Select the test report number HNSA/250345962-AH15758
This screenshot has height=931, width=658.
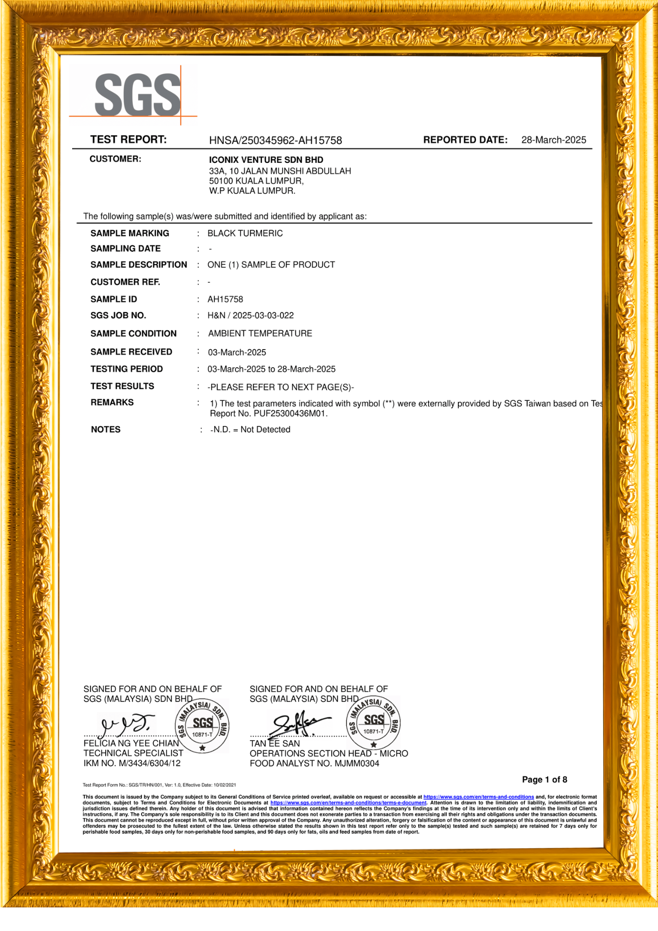pyautogui.click(x=275, y=140)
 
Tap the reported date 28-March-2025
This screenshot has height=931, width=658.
pyautogui.click(x=553, y=140)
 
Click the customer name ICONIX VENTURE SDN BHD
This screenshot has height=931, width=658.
pyautogui.click(x=266, y=160)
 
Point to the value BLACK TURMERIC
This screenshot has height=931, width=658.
pyautogui.click(x=245, y=233)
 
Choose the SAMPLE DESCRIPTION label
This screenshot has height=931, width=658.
pyautogui.click(x=139, y=264)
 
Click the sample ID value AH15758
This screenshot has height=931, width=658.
pyautogui.click(x=225, y=299)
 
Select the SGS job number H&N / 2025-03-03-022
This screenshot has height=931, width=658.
pyautogui.click(x=250, y=315)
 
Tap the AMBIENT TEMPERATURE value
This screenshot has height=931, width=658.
pyautogui.click(x=260, y=333)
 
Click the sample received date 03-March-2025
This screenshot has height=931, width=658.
pyautogui.click(x=237, y=352)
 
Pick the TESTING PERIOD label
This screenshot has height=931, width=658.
pyautogui.click(x=127, y=369)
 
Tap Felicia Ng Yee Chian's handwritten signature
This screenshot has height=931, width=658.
pyautogui.click(x=125, y=723)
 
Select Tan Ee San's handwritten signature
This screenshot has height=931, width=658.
pyautogui.click(x=298, y=723)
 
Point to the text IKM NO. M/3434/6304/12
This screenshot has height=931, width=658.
pyautogui.click(x=132, y=763)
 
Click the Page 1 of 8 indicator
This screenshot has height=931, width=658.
pyautogui.click(x=544, y=779)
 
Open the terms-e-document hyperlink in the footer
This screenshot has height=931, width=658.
pyautogui.click(x=348, y=803)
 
